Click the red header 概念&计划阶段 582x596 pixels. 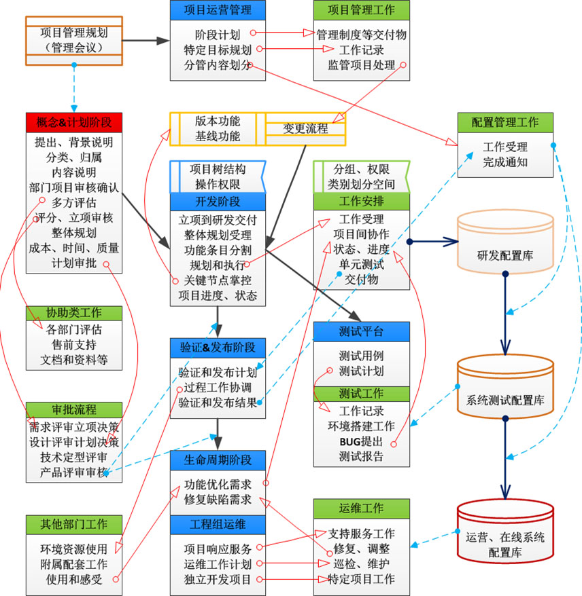(x=74, y=123)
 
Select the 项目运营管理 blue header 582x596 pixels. (x=218, y=10)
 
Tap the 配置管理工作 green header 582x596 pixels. (x=505, y=123)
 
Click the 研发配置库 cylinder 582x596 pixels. (x=504, y=255)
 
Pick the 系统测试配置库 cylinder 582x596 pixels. (x=504, y=399)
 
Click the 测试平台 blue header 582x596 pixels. (x=362, y=332)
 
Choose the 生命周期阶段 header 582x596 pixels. (x=218, y=460)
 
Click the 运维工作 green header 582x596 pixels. (x=362, y=508)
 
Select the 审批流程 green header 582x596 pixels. (x=74, y=410)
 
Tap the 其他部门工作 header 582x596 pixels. (x=74, y=524)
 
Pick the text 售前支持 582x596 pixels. (x=74, y=345)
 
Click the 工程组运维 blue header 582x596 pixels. (x=218, y=524)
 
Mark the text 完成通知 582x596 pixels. (x=505, y=162)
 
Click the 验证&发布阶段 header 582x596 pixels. (x=218, y=348)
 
